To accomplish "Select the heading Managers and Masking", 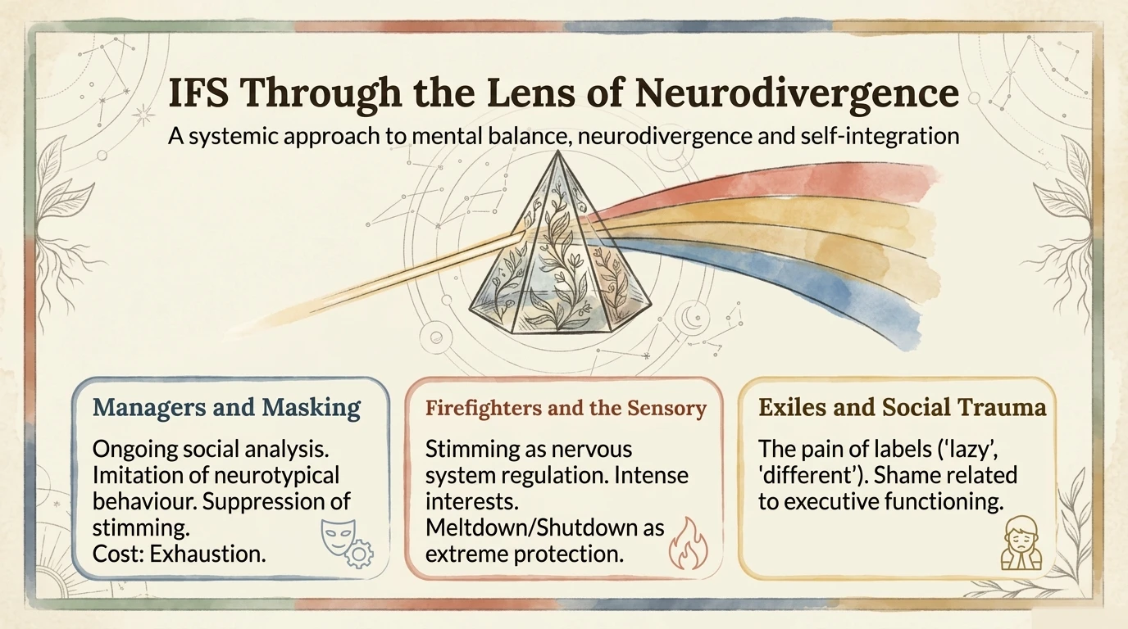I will [226, 407].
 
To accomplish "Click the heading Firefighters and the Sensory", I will [566, 408].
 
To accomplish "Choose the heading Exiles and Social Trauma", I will [903, 407].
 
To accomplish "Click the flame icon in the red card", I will [687, 546].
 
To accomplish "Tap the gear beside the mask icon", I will [358, 555].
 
